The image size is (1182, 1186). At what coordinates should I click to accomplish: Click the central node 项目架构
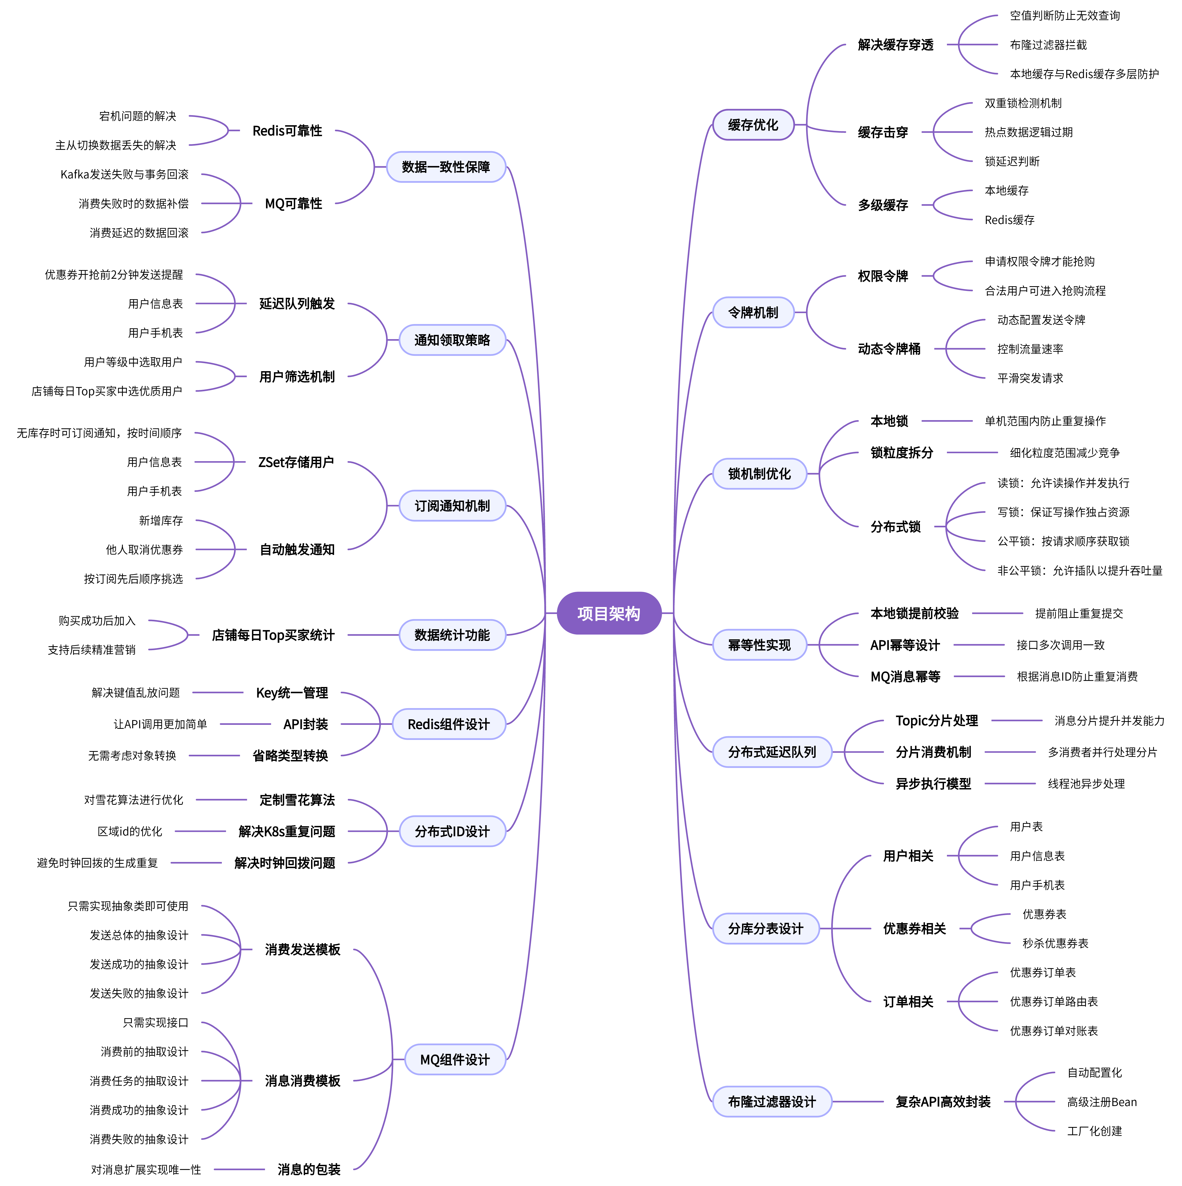[x=609, y=613]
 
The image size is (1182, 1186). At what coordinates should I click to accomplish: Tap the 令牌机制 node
[x=753, y=312]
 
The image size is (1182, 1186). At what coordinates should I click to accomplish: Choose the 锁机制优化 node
[x=759, y=474]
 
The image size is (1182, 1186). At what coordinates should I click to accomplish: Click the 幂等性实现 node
[x=759, y=645]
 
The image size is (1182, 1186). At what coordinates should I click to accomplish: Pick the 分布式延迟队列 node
[x=772, y=752]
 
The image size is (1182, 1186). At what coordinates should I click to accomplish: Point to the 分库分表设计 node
[x=765, y=929]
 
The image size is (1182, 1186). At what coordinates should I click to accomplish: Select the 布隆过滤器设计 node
[x=772, y=1102]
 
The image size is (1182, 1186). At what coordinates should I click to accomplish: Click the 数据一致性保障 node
[x=446, y=167]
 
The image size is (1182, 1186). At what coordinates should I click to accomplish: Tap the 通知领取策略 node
[x=452, y=340]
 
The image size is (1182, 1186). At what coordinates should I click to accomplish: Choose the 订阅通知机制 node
[x=452, y=506]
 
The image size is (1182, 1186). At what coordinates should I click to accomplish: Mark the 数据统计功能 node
[x=452, y=635]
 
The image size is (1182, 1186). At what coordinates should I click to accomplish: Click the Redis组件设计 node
[x=449, y=724]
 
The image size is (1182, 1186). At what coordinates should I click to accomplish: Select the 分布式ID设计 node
[x=452, y=832]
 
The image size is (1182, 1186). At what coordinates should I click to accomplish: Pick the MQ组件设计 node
[x=455, y=1059]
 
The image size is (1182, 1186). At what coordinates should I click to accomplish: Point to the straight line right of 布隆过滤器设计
[x=858, y=1102]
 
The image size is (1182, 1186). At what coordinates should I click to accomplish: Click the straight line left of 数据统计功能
[x=372, y=635]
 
